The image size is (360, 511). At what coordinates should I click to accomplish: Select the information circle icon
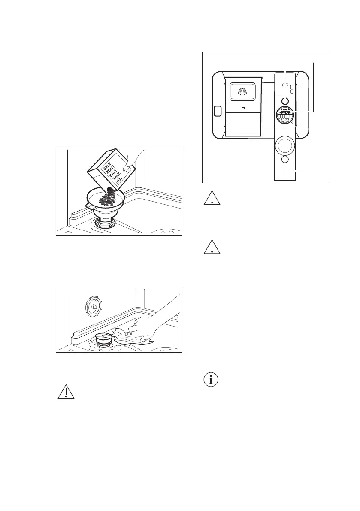210,380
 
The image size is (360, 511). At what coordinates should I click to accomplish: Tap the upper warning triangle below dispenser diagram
210,198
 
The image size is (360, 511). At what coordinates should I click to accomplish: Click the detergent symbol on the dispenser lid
242,91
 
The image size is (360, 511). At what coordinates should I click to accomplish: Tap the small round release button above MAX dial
285,99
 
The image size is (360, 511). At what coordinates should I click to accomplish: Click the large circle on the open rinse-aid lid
284,146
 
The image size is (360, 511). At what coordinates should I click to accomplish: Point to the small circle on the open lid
284,160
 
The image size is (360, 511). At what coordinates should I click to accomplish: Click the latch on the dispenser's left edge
217,112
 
